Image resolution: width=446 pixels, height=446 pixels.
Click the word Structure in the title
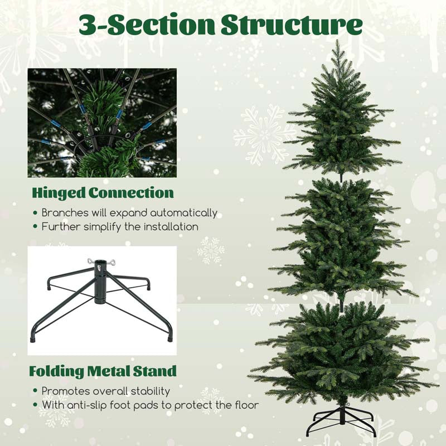pyautogui.click(x=292, y=25)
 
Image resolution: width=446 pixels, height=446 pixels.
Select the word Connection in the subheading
pyautogui.click(x=131, y=193)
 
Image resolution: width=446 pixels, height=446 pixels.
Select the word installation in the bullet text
pyautogui.click(x=171, y=227)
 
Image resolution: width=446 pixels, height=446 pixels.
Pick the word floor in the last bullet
pyautogui.click(x=246, y=405)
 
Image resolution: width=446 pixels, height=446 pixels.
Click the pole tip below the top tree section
pyautogui.click(x=341, y=178)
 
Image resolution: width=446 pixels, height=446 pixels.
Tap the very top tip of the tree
pyautogui.click(x=337, y=40)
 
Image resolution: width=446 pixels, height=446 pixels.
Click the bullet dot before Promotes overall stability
pyautogui.click(x=35, y=391)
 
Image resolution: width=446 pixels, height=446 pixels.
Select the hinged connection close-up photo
pyautogui.click(x=102, y=123)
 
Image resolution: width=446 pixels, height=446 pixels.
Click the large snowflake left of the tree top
pyautogui.click(x=264, y=135)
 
